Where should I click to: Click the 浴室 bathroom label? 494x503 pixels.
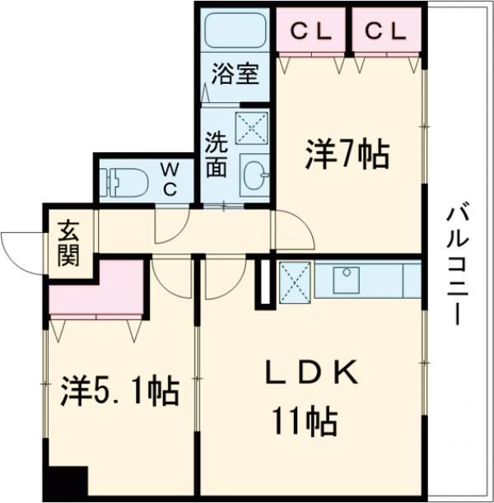click(235, 74)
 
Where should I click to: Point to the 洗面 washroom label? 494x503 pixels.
click(217, 154)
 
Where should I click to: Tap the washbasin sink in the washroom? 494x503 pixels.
click(254, 174)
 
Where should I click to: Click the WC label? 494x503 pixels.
click(170, 179)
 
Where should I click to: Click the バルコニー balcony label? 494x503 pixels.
click(454, 264)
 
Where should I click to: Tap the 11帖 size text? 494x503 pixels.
click(305, 422)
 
